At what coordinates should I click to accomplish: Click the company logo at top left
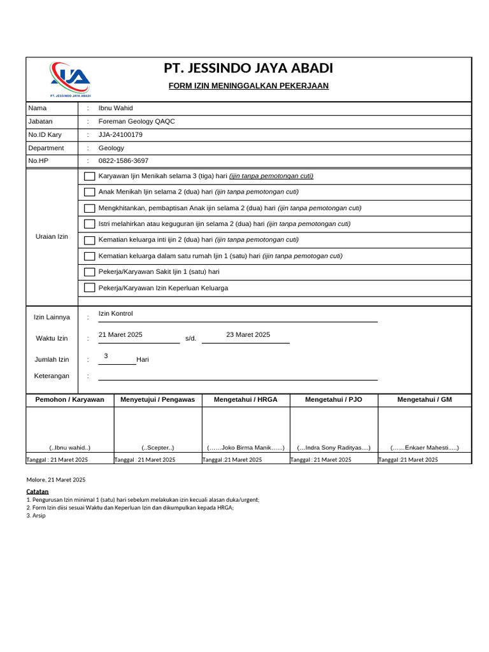[x=70, y=80]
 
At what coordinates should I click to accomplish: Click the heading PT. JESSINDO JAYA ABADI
[x=248, y=68]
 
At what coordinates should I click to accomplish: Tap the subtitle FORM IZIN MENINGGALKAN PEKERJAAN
[x=248, y=86]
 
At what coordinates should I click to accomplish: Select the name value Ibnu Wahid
[x=115, y=108]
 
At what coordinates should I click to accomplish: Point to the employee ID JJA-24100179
[x=120, y=135]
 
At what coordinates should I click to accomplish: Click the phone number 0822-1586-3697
[x=123, y=161]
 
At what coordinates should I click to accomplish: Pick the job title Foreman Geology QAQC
[x=136, y=122]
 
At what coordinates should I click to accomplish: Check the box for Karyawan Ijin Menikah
[x=90, y=176]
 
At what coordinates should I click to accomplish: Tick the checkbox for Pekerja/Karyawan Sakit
[x=90, y=272]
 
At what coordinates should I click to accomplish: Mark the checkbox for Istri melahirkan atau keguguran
[x=90, y=224]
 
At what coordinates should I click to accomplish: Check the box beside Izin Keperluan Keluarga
[x=90, y=288]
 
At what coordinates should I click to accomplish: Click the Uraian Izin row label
[x=52, y=237]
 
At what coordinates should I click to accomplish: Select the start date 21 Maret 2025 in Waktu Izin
[x=120, y=335]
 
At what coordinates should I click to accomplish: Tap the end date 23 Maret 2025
[x=248, y=335]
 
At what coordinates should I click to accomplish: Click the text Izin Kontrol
[x=115, y=314]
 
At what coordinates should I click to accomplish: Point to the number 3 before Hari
[x=106, y=356]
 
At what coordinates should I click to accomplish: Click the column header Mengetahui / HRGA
[x=246, y=400]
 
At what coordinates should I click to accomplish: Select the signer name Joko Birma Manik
[x=246, y=448]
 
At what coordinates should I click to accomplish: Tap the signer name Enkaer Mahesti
[x=424, y=448]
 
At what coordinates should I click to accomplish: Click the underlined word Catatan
[x=37, y=492]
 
